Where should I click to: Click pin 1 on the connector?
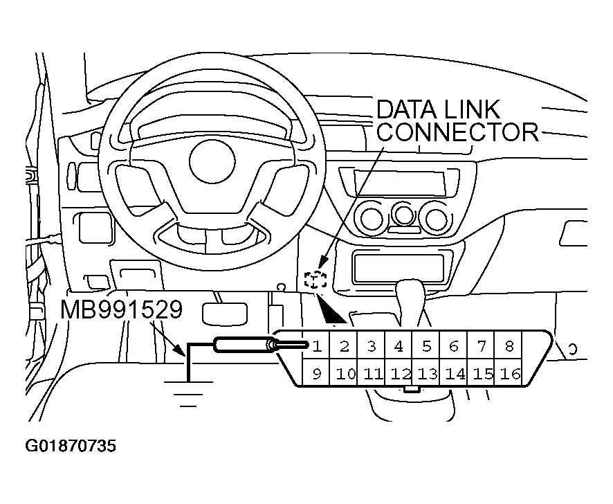tap(317, 345)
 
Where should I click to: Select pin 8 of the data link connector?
tap(509, 345)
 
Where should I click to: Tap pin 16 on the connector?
tap(509, 375)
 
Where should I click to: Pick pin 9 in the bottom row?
tap(317, 375)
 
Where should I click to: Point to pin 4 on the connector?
tap(399, 345)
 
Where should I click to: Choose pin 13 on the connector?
tap(427, 375)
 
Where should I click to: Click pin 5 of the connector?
tap(426, 345)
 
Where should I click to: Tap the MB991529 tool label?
tap(121, 309)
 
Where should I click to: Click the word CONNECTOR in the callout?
tap(457, 131)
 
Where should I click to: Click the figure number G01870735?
tap(71, 445)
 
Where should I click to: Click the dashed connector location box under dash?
tap(315, 280)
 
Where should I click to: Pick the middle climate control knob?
tap(403, 213)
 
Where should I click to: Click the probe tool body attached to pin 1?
tap(241, 345)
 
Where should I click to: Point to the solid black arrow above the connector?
tap(333, 312)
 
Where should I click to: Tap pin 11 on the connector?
tap(372, 375)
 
